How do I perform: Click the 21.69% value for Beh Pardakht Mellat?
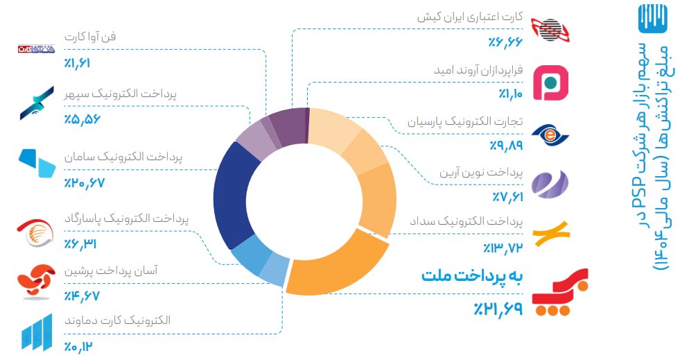(x=498, y=309)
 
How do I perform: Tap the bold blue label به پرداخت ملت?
(x=472, y=276)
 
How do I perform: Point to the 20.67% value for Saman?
(x=85, y=183)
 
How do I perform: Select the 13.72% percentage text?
(x=503, y=248)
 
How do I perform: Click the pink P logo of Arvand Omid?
(x=550, y=83)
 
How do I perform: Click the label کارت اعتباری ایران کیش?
(x=470, y=17)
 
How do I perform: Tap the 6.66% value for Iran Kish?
(x=505, y=42)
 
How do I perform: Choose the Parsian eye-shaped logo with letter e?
(x=550, y=135)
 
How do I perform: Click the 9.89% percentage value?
(x=506, y=145)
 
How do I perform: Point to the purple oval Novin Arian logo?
(x=550, y=185)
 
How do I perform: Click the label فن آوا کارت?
(x=90, y=37)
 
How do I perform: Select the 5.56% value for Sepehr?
(x=82, y=119)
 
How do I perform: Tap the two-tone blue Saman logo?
(x=37, y=163)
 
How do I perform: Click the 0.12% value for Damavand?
(x=78, y=347)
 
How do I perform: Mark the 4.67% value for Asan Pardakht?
(x=82, y=295)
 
